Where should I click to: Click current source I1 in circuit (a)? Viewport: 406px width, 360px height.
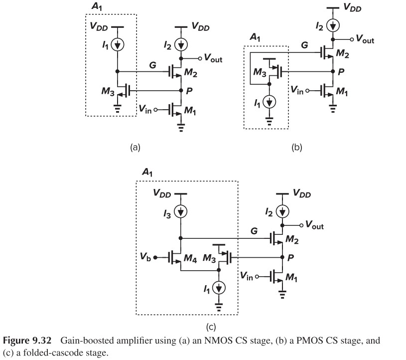click(x=118, y=45)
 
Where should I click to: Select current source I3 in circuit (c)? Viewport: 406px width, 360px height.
click(x=181, y=211)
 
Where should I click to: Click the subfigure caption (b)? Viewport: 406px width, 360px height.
click(x=297, y=147)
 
